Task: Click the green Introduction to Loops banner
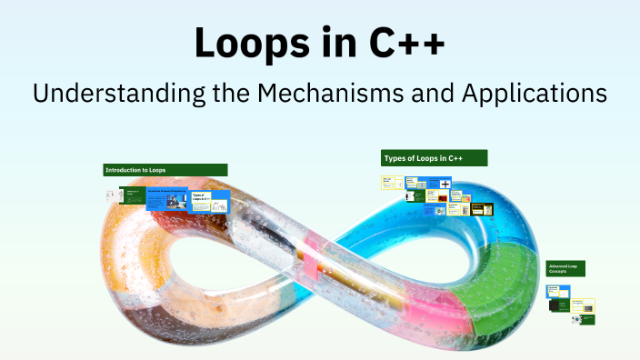click(165, 170)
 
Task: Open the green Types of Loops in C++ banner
click(434, 158)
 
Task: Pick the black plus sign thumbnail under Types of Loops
click(445, 185)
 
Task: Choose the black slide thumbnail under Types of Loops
click(487, 209)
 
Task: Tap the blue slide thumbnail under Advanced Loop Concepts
click(557, 292)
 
